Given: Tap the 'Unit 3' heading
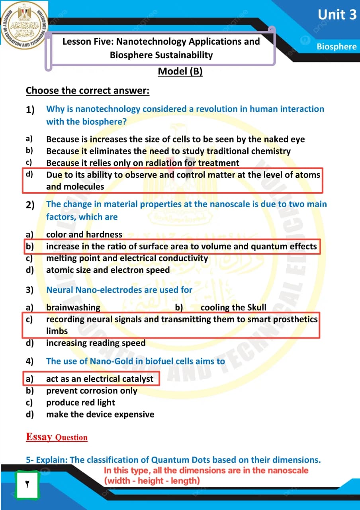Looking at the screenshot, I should pyautogui.click(x=337, y=15).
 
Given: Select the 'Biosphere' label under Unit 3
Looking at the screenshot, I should pyautogui.click(x=337, y=47).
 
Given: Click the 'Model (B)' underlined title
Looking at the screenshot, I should pyautogui.click(x=180, y=71).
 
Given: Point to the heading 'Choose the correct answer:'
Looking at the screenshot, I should pyautogui.click(x=88, y=91).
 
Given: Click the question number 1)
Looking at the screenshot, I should pyautogui.click(x=30, y=110).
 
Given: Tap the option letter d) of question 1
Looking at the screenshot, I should pyautogui.click(x=29, y=174).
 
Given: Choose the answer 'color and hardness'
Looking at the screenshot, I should pyautogui.click(x=84, y=235).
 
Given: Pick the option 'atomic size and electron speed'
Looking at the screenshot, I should pyautogui.click(x=108, y=270).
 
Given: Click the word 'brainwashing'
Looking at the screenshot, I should pyautogui.click(x=73, y=308).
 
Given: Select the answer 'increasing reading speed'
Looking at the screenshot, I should pyautogui.click(x=96, y=343).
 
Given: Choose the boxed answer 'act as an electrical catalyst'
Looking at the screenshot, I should pyautogui.click(x=100, y=379).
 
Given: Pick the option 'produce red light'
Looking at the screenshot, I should pyautogui.click(x=80, y=402).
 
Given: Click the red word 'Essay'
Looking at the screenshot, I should pyautogui.click(x=39, y=437).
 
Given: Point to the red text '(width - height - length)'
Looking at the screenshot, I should pyautogui.click(x=152, y=481).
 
